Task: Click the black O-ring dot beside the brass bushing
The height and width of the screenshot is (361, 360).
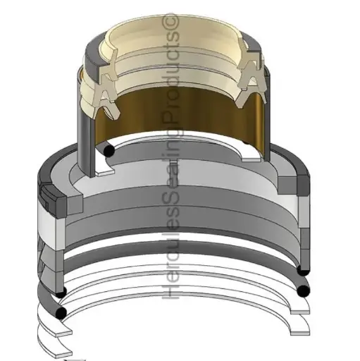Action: point(108,151)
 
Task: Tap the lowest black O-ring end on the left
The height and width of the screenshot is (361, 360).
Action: point(61,312)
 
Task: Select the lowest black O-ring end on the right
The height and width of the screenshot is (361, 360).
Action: point(303,291)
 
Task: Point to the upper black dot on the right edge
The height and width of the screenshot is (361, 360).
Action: point(303,271)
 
